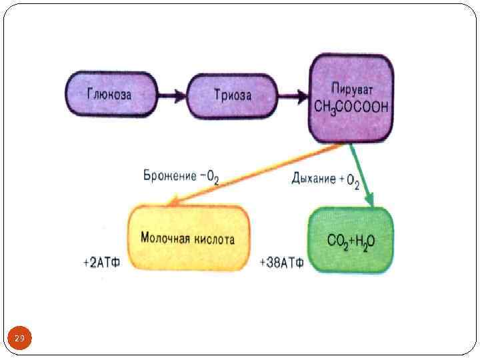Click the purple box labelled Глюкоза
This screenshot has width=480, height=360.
point(111,94)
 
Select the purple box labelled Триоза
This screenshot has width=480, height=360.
point(232,95)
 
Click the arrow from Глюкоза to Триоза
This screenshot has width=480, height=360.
point(172,95)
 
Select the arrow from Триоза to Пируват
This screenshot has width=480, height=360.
point(292,95)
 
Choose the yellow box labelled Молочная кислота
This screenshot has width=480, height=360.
point(189,239)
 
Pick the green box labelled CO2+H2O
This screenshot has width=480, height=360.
point(350,240)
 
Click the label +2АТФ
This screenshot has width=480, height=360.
point(101,263)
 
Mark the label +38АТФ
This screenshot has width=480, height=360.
point(282,263)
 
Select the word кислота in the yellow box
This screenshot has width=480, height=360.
point(215,239)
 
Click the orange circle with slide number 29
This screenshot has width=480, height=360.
point(19,339)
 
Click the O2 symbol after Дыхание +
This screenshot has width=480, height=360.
point(358,180)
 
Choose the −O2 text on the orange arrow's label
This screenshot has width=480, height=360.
point(209,177)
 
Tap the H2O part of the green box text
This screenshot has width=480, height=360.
point(364,241)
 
